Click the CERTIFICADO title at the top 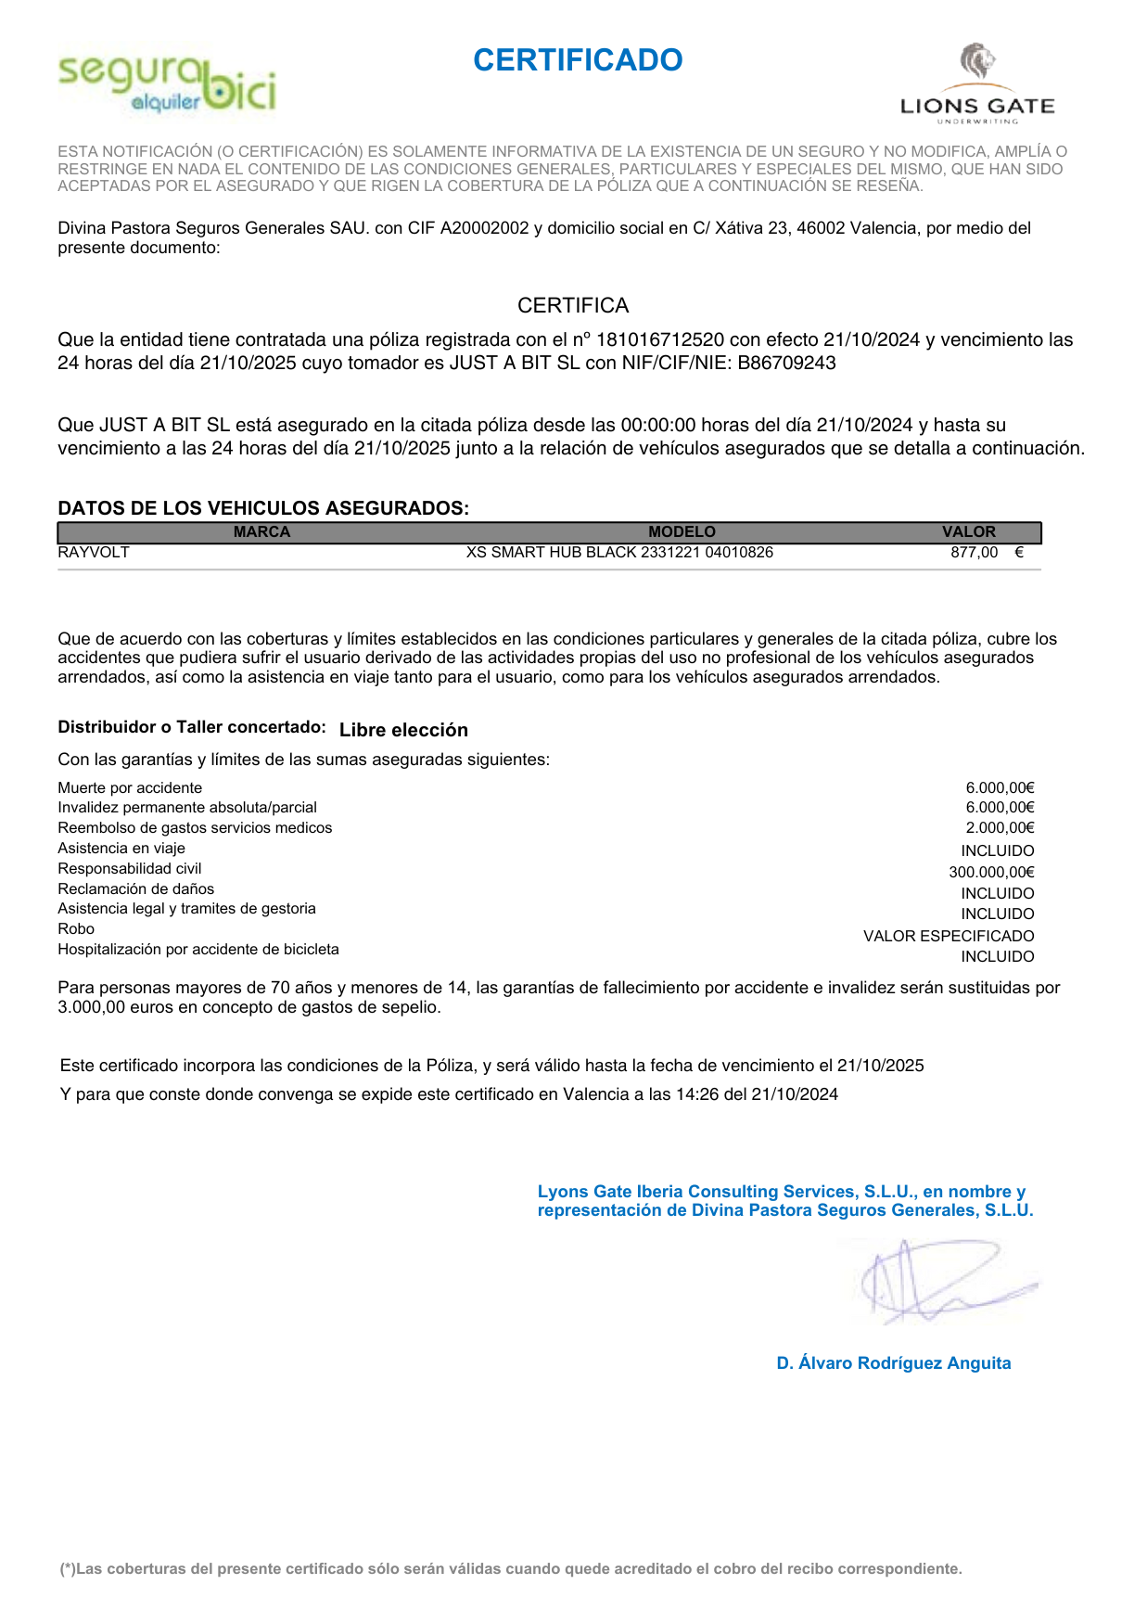pos(578,60)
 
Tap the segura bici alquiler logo pos(167,84)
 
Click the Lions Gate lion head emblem pos(976,62)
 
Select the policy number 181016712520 pos(659,340)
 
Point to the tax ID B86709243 pos(786,364)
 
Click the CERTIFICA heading pos(573,306)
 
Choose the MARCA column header pos(261,532)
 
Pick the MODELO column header pos(682,532)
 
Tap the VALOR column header pos(968,532)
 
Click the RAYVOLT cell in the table pos(94,553)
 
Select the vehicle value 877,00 pos(974,553)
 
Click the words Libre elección pos(403,730)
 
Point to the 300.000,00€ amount pos(991,873)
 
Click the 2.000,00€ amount pos(1000,828)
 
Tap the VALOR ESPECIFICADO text pos(949,937)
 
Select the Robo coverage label pos(76,929)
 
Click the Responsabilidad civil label pos(130,869)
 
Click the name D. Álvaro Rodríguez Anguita pos(894,1363)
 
